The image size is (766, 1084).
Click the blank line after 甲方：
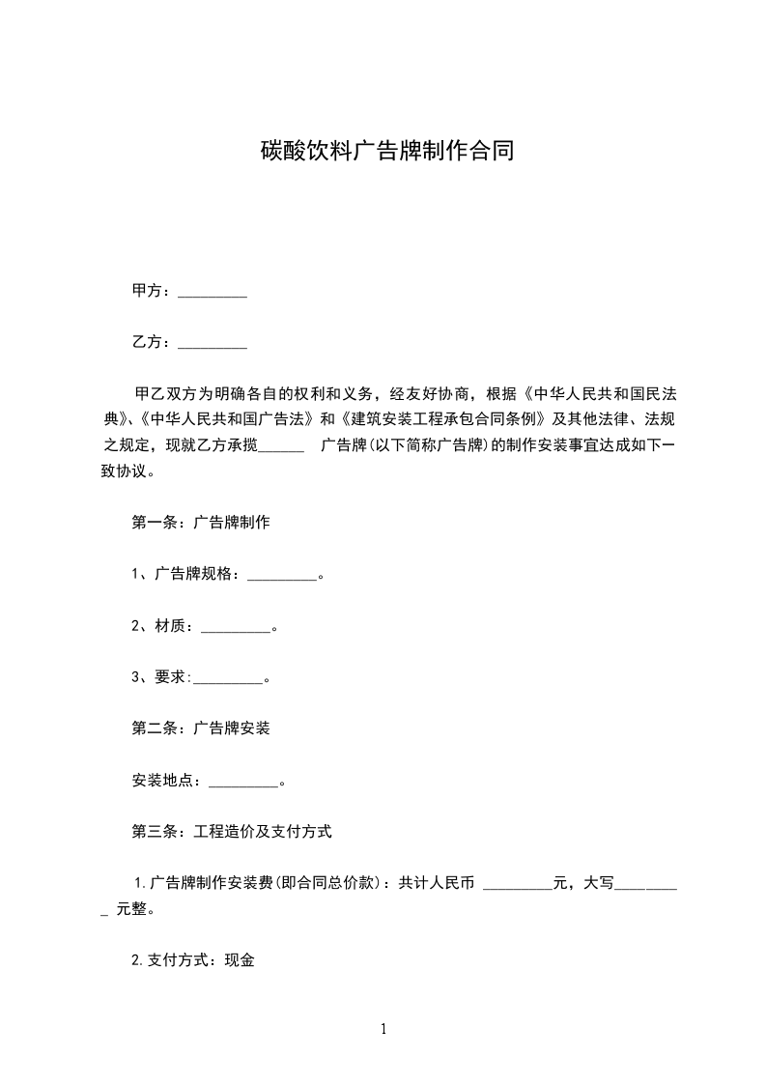(x=213, y=292)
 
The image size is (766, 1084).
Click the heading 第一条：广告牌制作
(x=200, y=523)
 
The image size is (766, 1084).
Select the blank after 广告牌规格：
(x=282, y=576)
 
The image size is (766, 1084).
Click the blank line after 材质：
(x=236, y=628)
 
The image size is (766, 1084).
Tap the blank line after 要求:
(x=228, y=679)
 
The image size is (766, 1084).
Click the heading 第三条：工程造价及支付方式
(x=232, y=831)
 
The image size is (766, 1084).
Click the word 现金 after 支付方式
(x=240, y=961)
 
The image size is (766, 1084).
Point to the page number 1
(x=383, y=1029)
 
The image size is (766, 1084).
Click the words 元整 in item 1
(x=130, y=909)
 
